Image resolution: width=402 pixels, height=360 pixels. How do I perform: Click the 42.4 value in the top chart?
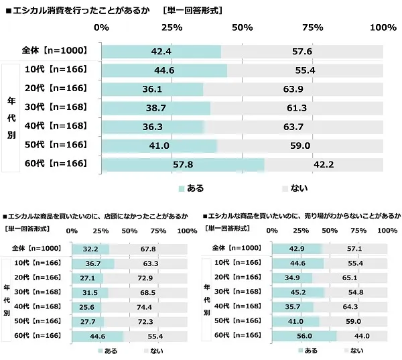click(161, 52)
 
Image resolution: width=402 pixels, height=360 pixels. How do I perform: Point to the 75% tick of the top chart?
click(312, 27)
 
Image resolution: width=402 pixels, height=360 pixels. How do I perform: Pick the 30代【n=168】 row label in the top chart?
click(56, 108)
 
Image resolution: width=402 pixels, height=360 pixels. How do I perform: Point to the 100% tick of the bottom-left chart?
click(188, 231)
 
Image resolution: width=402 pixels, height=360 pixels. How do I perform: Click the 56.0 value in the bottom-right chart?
click(305, 336)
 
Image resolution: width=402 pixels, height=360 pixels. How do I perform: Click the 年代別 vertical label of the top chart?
click(11, 117)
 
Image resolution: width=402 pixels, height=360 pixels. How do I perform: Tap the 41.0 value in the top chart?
click(159, 145)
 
